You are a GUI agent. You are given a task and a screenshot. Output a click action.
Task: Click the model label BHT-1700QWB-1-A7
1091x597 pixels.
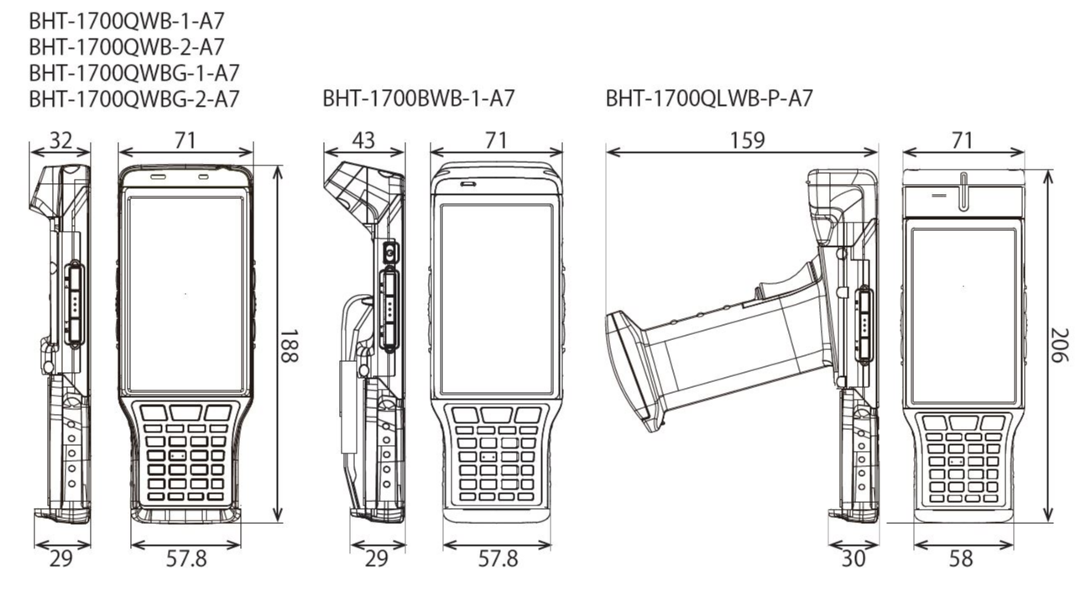tap(127, 18)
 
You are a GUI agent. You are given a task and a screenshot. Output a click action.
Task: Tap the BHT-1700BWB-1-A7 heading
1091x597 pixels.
tap(418, 99)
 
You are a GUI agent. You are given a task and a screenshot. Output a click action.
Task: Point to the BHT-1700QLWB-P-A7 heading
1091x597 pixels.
tap(709, 99)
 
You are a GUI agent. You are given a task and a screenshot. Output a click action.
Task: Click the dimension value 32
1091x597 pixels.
tap(60, 140)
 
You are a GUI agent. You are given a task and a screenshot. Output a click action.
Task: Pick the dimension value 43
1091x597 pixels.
tap(363, 140)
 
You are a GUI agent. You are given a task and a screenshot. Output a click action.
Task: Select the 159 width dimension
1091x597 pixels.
tap(747, 140)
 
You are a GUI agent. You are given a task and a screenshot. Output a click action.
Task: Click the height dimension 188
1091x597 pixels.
tap(290, 345)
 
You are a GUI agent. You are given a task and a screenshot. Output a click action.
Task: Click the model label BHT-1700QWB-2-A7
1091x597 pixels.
tap(127, 45)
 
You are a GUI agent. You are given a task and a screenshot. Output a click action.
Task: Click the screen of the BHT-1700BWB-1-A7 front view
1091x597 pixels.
tap(497, 298)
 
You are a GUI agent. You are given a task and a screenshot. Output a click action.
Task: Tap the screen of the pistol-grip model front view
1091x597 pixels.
tap(963, 315)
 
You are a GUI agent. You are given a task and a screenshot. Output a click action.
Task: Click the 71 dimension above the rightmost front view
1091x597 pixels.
tap(963, 140)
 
